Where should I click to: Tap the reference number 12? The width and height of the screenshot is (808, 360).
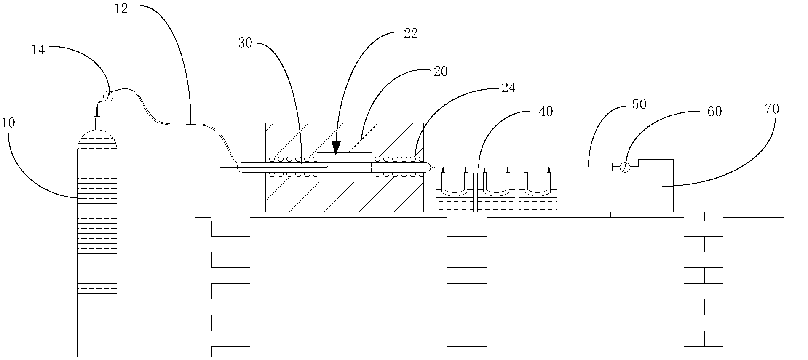pyautogui.click(x=121, y=9)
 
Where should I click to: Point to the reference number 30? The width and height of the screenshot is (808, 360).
pyautogui.click(x=245, y=43)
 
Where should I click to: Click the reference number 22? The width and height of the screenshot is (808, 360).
pyautogui.click(x=410, y=34)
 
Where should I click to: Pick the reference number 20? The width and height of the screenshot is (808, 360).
pyautogui.click(x=440, y=72)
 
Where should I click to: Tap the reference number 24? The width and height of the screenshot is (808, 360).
pyautogui.click(x=508, y=89)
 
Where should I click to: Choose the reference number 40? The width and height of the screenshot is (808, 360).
pyautogui.click(x=546, y=112)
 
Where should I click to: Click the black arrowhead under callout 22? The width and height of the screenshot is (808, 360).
pyautogui.click(x=336, y=147)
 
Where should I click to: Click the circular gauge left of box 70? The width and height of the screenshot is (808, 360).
pyautogui.click(x=625, y=167)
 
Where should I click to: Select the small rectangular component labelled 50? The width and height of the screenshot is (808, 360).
pyautogui.click(x=594, y=167)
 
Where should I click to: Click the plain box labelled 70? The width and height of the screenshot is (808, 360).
pyautogui.click(x=655, y=185)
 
